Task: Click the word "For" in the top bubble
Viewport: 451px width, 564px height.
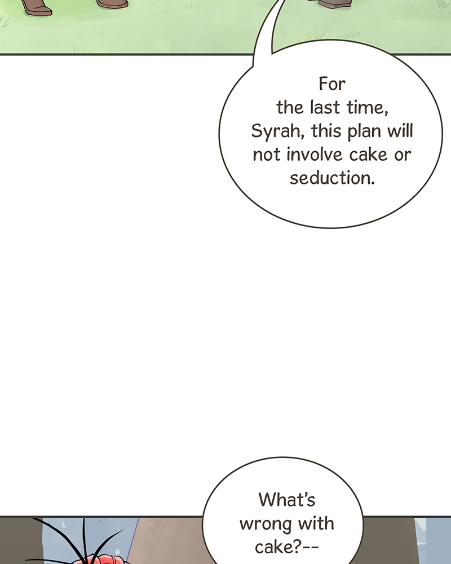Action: (x=331, y=84)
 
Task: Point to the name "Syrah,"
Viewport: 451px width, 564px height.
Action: (x=278, y=131)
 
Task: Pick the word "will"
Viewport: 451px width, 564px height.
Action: (x=400, y=131)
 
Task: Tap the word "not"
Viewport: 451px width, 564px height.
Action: (x=267, y=155)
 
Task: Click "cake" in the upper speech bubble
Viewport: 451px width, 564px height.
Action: (x=368, y=155)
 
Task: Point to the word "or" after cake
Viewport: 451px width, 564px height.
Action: (x=403, y=156)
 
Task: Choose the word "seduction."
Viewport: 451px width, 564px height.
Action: (x=332, y=178)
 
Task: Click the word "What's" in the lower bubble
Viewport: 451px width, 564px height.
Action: (x=286, y=500)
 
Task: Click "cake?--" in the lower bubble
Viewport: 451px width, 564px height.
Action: (x=286, y=547)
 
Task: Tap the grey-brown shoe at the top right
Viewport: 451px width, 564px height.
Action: (x=334, y=3)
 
